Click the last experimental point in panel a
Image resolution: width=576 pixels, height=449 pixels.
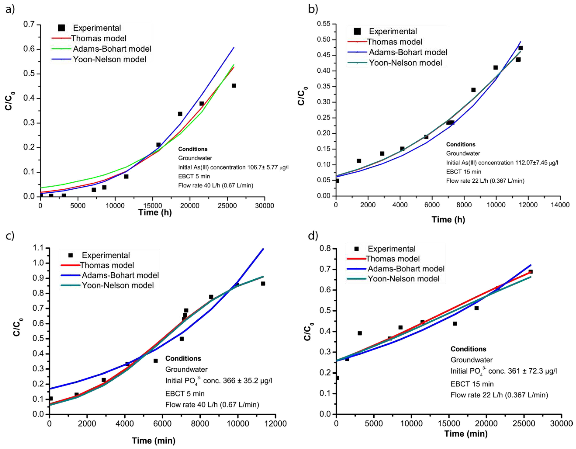(234, 86)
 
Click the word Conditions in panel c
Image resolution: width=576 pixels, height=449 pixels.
(183, 359)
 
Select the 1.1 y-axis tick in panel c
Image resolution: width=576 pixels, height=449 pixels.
(38, 248)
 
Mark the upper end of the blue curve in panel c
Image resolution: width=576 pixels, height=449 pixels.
(263, 249)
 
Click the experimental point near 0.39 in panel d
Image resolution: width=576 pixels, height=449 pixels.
(359, 333)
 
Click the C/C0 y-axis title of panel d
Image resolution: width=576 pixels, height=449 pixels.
(308, 332)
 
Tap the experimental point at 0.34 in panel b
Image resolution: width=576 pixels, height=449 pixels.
(473, 90)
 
